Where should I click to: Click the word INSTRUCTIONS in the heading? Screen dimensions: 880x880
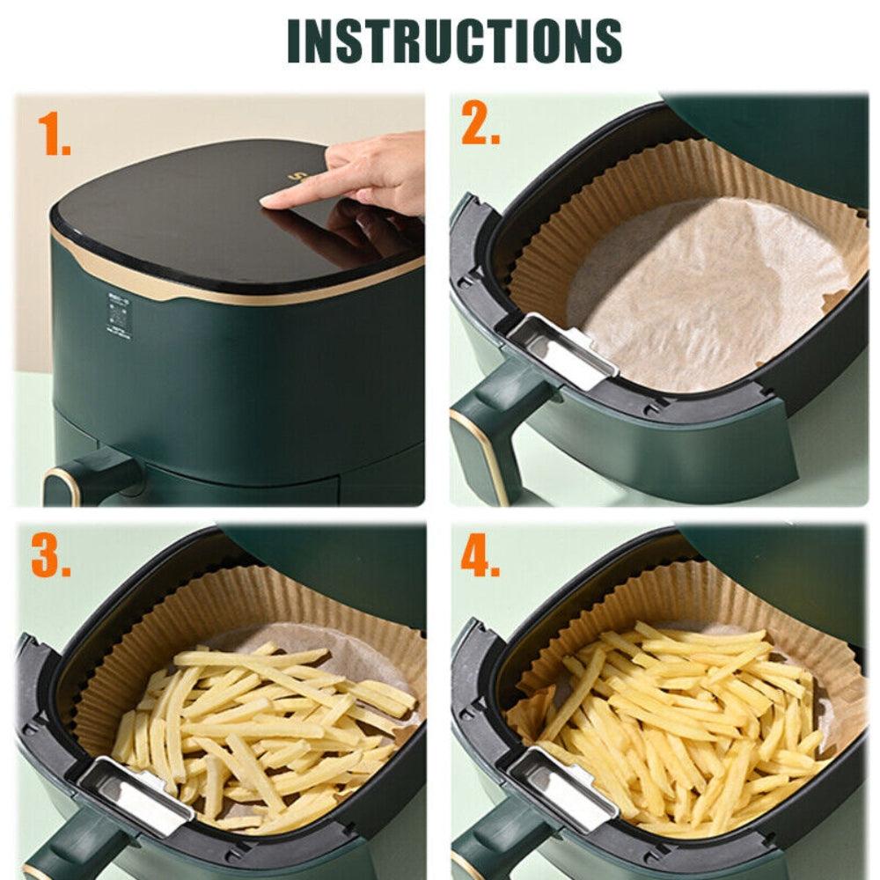pyautogui.click(x=454, y=40)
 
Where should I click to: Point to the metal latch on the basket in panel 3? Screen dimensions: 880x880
pyautogui.click(x=132, y=792)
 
